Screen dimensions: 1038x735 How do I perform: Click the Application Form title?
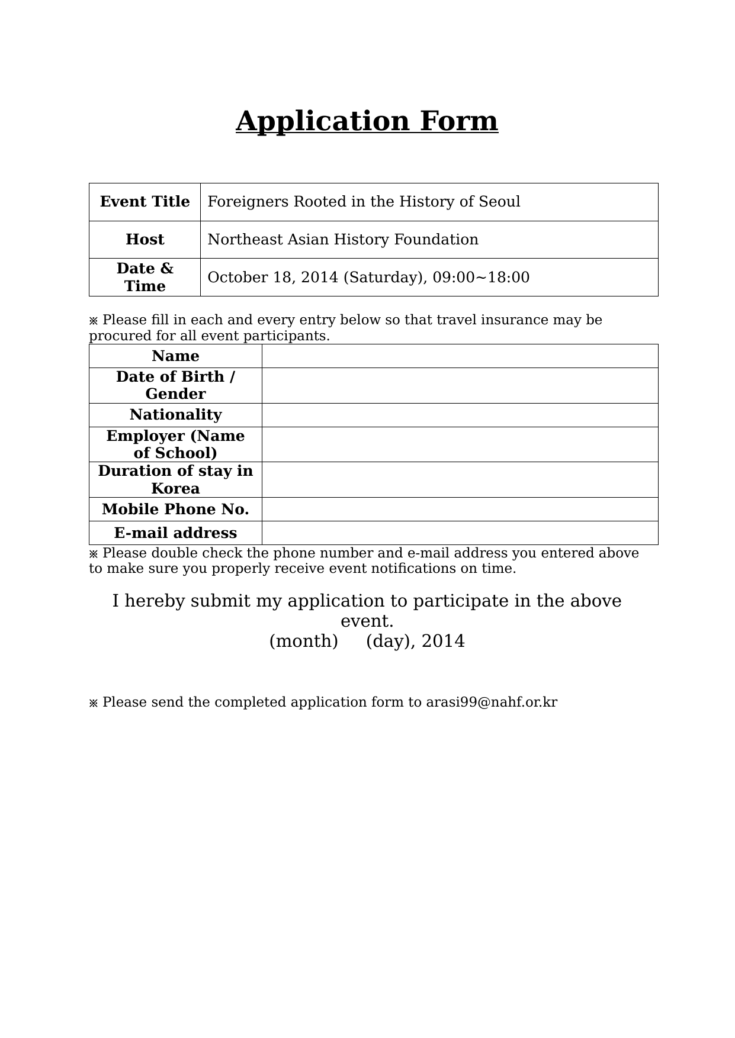(x=367, y=121)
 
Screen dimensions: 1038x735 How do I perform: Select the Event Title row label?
(x=145, y=202)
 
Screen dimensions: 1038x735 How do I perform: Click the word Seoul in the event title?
(x=499, y=202)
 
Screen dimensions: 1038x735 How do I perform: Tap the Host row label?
(x=145, y=240)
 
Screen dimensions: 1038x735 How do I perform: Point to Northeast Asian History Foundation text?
(x=343, y=240)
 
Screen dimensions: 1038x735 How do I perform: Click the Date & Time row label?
(x=145, y=277)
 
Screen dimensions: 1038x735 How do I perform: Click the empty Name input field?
(x=460, y=356)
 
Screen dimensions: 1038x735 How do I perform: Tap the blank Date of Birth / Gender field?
(x=460, y=386)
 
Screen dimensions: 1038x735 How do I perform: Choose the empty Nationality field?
(x=460, y=415)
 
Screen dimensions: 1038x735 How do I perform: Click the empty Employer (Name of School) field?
(x=460, y=444)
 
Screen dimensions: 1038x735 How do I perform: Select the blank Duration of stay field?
(x=460, y=480)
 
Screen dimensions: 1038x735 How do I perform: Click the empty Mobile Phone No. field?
(x=460, y=510)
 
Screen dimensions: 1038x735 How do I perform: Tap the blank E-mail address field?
(x=460, y=533)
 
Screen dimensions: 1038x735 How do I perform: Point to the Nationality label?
(x=175, y=415)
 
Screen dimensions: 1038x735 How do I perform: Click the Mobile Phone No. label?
(x=175, y=510)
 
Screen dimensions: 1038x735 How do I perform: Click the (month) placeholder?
(x=303, y=642)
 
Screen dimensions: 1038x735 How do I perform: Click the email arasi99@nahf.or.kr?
(x=492, y=702)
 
